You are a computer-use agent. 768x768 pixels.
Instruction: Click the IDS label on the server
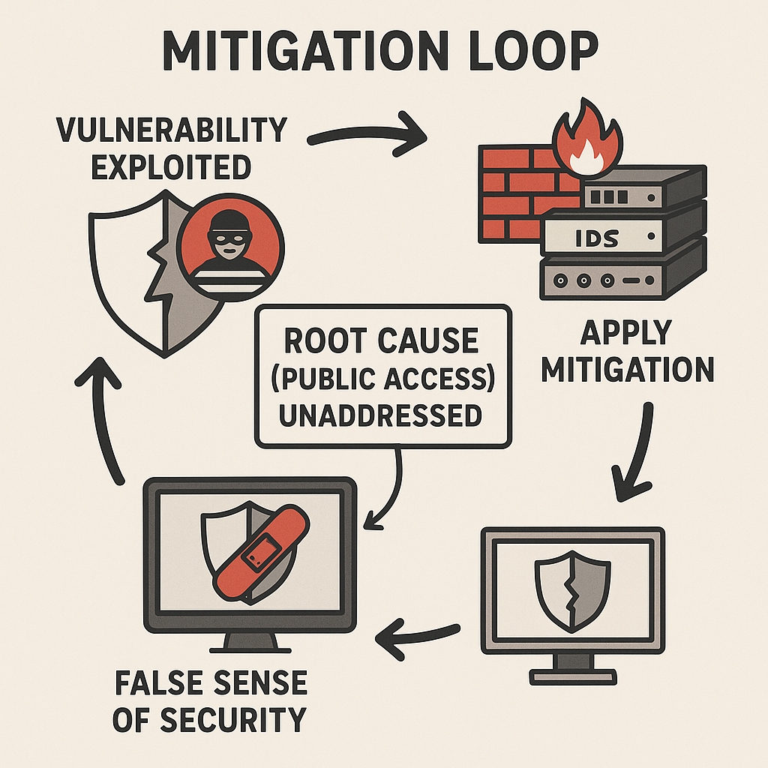coord(598,238)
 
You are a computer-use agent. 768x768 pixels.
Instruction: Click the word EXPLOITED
coord(171,166)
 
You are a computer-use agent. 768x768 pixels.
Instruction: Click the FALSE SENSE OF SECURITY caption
coord(210,701)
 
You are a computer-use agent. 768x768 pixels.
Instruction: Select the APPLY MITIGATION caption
coord(628,351)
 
